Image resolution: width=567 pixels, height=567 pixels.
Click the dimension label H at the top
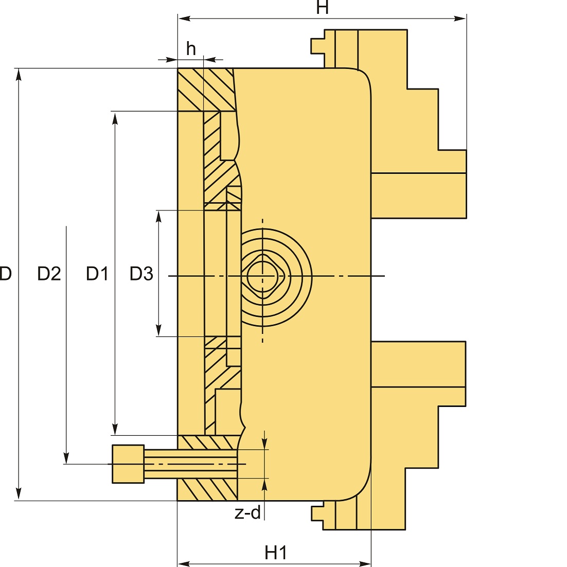point(322,7)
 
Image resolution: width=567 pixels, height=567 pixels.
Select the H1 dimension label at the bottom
point(276,553)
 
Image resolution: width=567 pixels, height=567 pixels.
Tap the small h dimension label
point(191,48)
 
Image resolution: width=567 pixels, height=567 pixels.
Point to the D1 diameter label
point(97,273)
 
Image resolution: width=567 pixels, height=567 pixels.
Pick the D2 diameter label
point(49,273)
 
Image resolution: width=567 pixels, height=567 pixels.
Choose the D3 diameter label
point(141,273)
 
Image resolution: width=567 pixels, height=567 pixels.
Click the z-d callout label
point(247,512)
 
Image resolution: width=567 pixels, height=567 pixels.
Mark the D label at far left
point(6,273)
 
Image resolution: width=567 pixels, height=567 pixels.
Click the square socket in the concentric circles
point(263,276)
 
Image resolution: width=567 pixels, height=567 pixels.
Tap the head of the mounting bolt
point(128,464)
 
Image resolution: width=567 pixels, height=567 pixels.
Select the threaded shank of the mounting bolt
point(190,464)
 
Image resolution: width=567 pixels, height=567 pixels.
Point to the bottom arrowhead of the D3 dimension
point(158,330)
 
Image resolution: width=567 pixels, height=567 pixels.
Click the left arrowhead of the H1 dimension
point(184,563)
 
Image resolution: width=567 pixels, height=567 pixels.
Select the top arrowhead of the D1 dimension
point(115,118)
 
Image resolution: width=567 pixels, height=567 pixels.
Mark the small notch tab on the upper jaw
point(317,46)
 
